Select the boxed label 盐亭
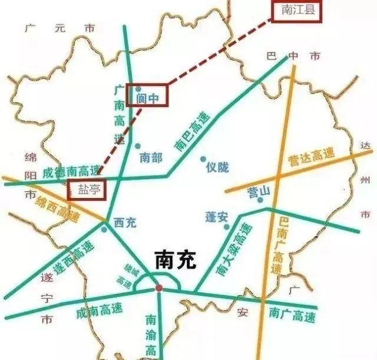(x=86, y=190)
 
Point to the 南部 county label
(x=150, y=157)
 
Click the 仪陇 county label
(x=216, y=167)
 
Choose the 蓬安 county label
(x=216, y=217)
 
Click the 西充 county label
(x=125, y=223)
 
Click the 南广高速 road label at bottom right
(x=292, y=315)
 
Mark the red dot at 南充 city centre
(x=158, y=288)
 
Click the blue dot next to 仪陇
(x=203, y=159)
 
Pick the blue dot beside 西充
(x=104, y=229)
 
